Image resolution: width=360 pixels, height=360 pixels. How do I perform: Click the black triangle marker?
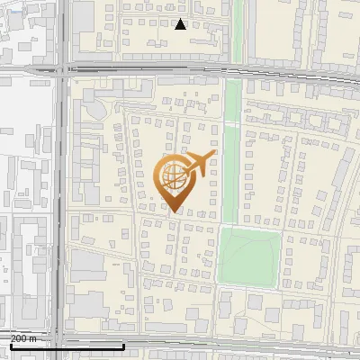(180, 24)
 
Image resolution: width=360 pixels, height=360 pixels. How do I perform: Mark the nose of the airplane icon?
(214, 156)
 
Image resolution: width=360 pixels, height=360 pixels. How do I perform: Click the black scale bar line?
(67, 346)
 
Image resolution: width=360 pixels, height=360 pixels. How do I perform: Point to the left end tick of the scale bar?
(10, 345)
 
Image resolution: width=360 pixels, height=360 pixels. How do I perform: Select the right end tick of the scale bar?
(123, 345)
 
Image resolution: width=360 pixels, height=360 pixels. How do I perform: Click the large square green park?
(249, 256)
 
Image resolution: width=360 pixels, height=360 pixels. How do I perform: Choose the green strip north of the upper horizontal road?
(239, 31)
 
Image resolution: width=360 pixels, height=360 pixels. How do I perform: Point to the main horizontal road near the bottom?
(225, 345)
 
